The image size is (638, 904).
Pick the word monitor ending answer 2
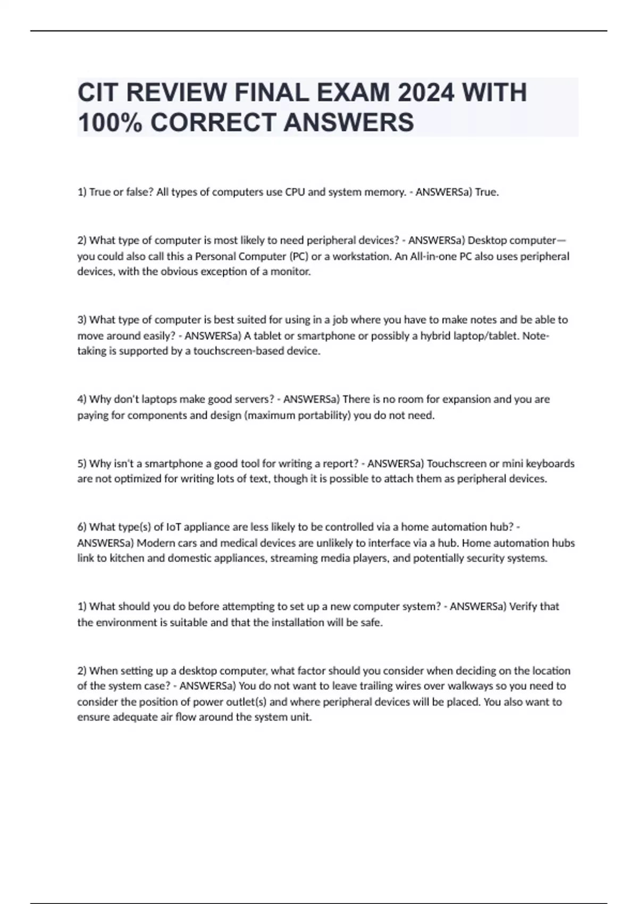[x=290, y=271]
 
